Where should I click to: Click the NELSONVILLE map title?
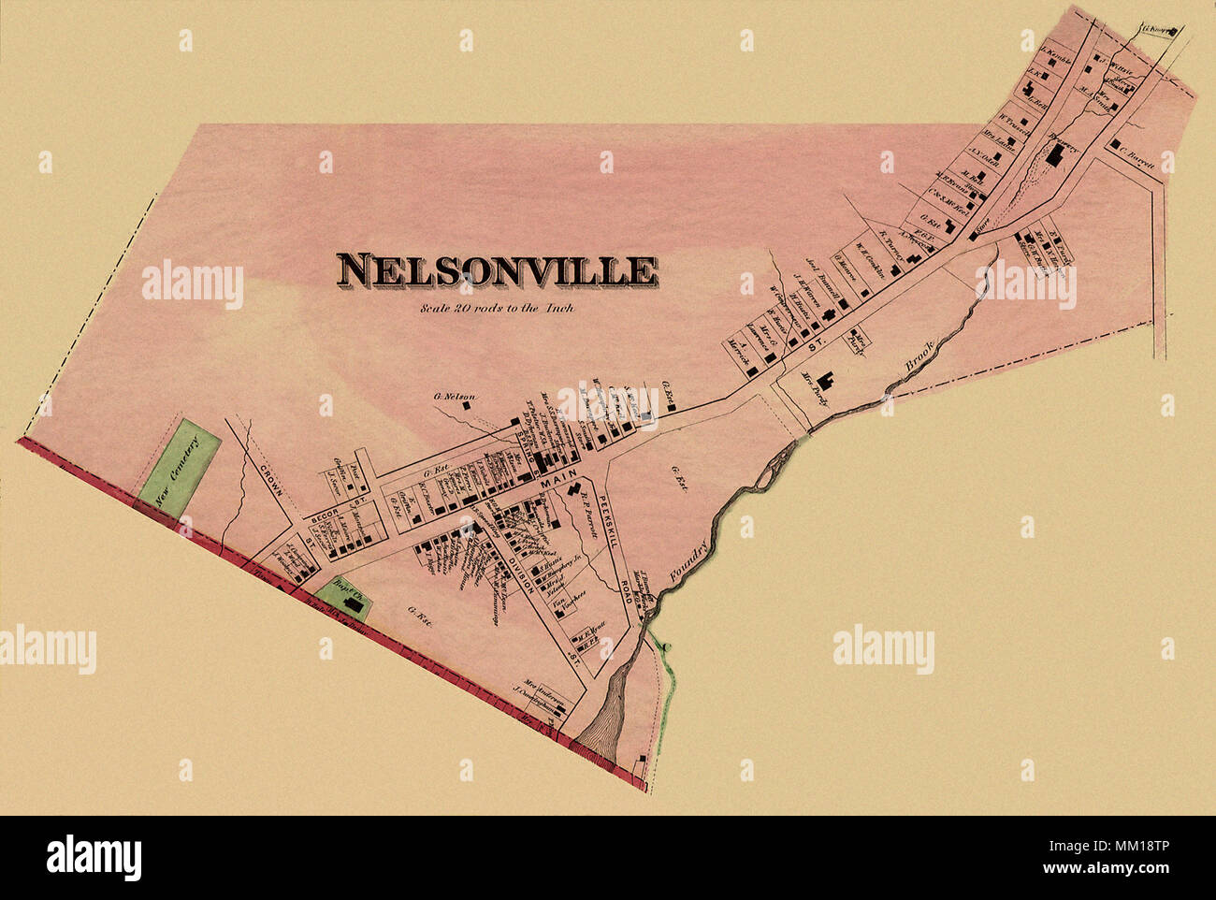[497, 269]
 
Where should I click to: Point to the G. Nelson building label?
[454, 397]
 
